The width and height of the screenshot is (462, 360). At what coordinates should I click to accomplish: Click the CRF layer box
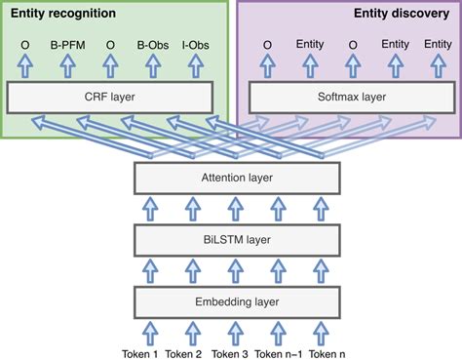pyautogui.click(x=109, y=97)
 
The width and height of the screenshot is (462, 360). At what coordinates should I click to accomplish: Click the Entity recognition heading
pyautogui.click(x=63, y=15)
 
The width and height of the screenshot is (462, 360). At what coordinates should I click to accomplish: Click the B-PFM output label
pyautogui.click(x=67, y=45)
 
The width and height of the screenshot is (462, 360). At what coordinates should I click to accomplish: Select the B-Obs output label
pyautogui.click(x=153, y=45)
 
